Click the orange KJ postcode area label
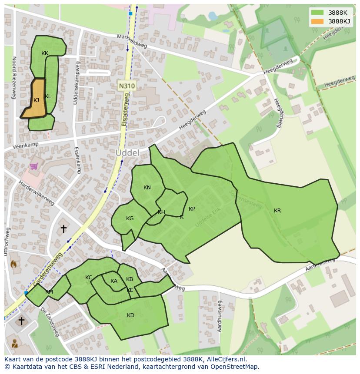36,100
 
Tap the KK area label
45,53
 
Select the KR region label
277,211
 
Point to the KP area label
192,209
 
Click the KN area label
147,188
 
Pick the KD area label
130,315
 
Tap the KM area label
49,292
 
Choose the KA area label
114,281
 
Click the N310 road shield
127,86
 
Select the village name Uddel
127,153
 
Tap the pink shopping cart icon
34,166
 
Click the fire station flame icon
13,264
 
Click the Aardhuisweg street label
220,316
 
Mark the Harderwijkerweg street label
36,193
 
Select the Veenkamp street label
26,146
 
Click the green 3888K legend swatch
317,13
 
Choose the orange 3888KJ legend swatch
317,21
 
